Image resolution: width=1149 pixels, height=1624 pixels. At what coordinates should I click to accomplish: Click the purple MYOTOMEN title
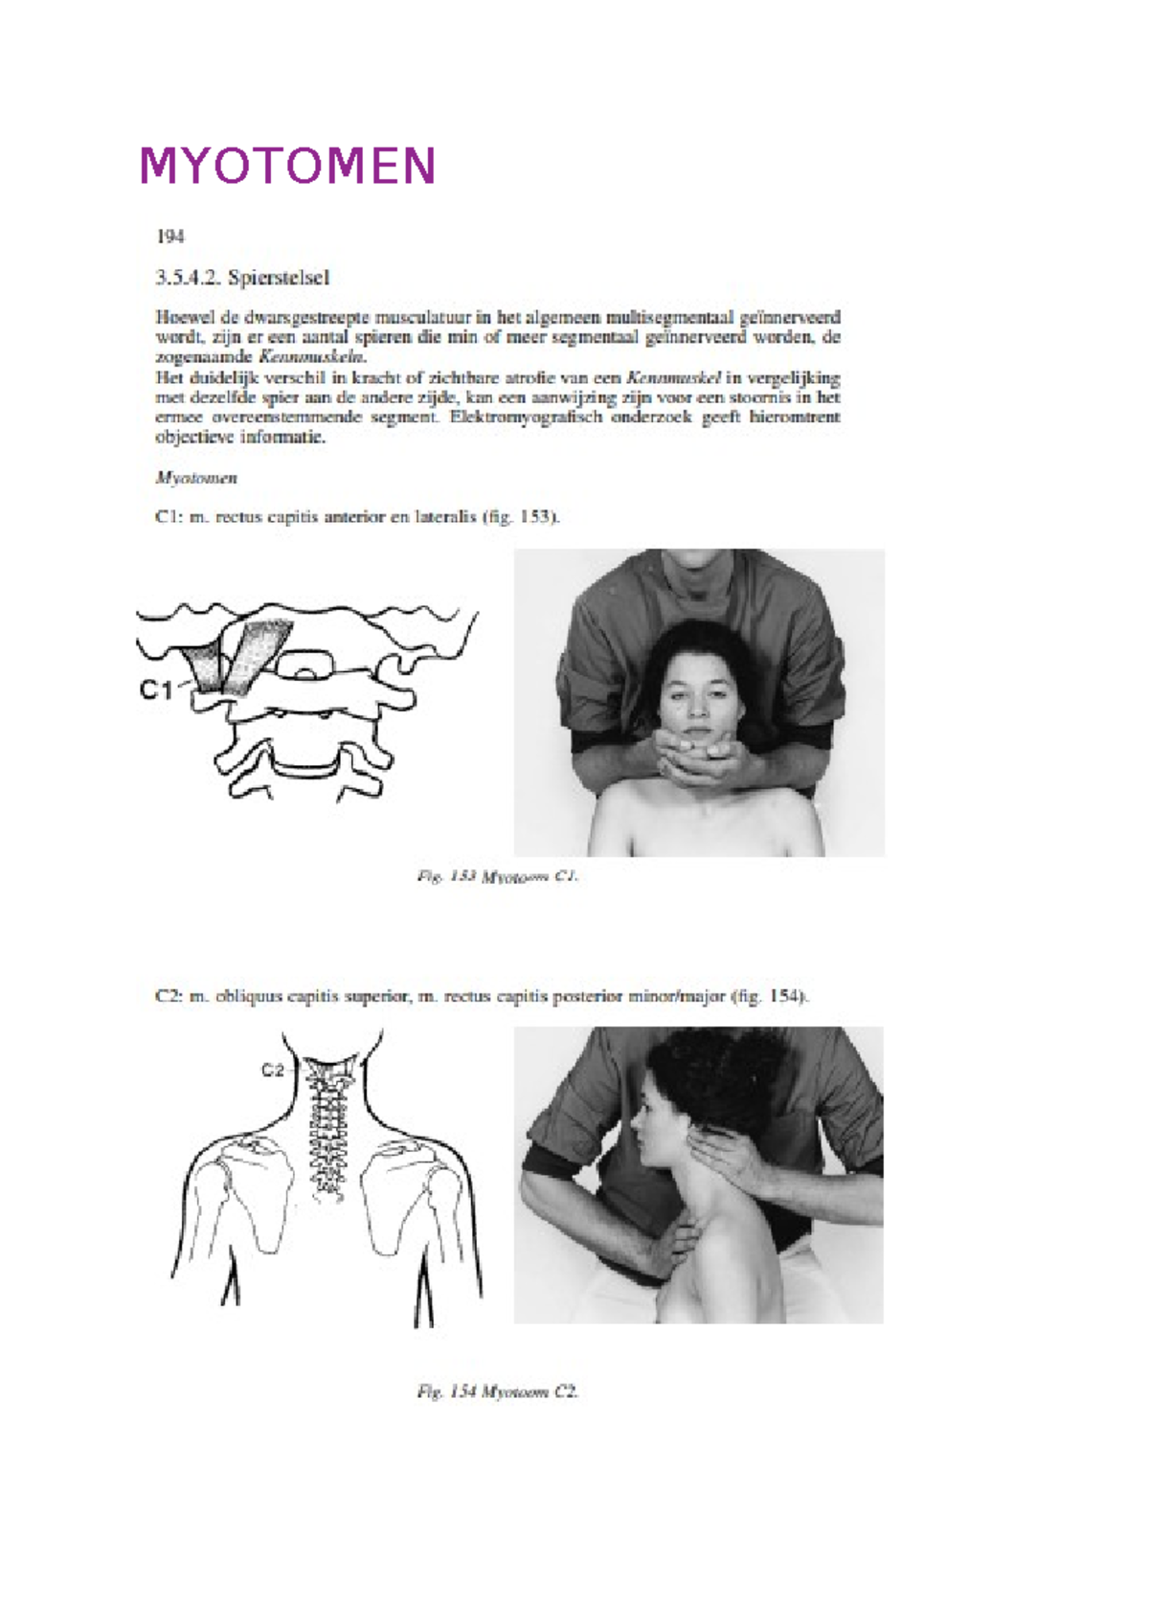tap(288, 166)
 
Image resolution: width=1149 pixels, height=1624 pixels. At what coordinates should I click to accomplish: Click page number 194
tap(169, 237)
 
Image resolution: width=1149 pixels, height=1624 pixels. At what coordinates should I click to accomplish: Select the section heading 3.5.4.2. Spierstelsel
tap(242, 279)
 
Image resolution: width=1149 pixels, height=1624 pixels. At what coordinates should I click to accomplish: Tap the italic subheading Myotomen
tap(196, 478)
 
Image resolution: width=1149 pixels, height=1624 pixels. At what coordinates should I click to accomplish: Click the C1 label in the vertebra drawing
tap(156, 689)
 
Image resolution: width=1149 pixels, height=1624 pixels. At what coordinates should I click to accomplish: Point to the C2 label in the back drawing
tap(273, 1071)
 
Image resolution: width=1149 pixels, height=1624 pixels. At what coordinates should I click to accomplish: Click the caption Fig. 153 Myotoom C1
tap(498, 876)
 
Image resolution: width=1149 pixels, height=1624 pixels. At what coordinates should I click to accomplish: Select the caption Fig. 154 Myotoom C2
tap(498, 1392)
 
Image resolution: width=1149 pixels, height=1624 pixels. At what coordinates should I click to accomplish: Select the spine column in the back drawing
tap(328, 1130)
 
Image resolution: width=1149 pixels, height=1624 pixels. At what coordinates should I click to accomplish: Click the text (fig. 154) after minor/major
tap(771, 997)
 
